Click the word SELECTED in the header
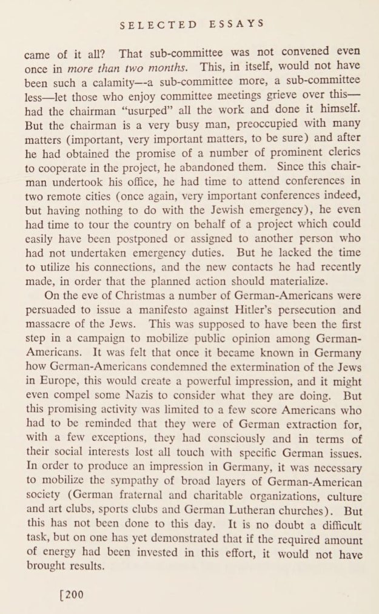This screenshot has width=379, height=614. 158,25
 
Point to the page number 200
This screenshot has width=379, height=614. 71,594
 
